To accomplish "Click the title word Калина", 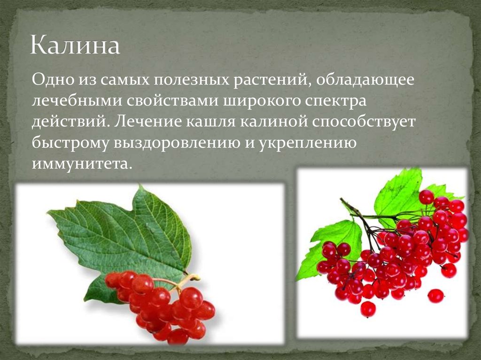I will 76,46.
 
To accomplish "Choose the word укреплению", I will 305,143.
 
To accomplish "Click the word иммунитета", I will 79,164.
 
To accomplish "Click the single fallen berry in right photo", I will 435,296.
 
